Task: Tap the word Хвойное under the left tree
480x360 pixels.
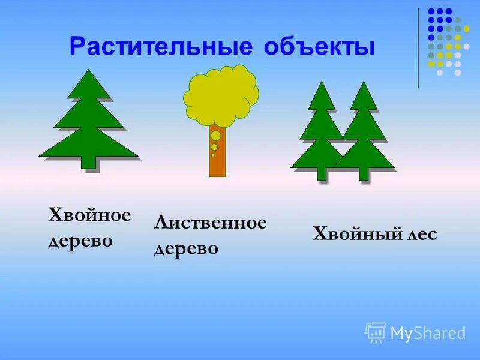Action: pos(89,215)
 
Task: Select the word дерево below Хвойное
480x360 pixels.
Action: pos(80,241)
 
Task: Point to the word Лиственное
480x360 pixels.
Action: pos(210,223)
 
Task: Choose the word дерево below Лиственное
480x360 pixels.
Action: pos(186,248)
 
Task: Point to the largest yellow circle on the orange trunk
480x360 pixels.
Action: pos(216,136)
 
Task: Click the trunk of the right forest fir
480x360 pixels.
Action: pos(363,173)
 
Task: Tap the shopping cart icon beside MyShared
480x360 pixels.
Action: pos(376,332)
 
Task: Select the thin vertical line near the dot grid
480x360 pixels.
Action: pos(418,48)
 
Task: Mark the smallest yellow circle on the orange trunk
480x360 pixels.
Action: pos(213,155)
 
